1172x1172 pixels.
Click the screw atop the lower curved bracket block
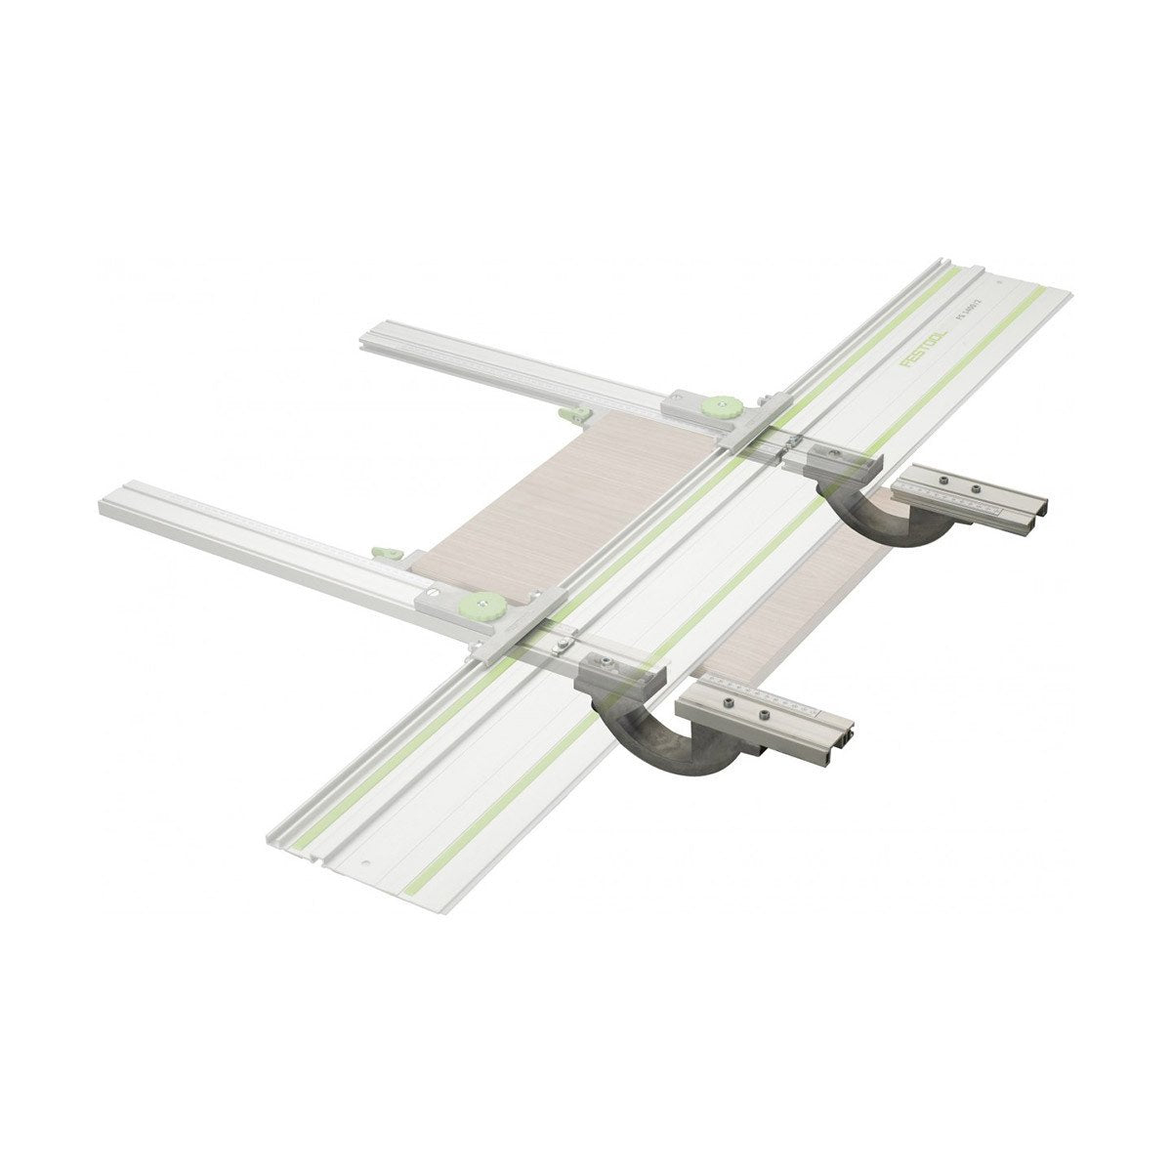605,664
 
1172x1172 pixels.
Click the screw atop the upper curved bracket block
832,452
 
